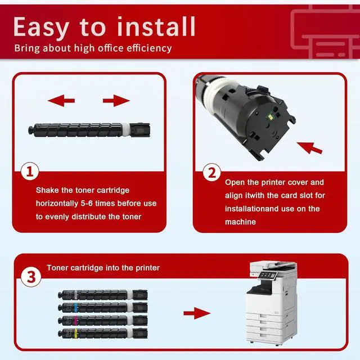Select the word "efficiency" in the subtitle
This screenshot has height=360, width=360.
coord(145,48)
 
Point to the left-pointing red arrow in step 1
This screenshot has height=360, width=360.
coord(61,101)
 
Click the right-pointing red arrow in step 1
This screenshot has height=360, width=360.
coord(116,101)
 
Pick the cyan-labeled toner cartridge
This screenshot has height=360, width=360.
coord(102,307)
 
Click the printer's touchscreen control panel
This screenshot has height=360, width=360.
coord(268,276)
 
